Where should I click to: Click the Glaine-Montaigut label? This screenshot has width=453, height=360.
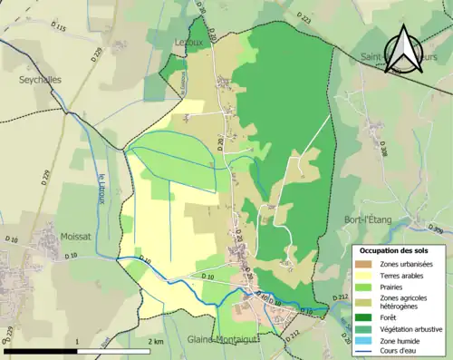coord(223,338)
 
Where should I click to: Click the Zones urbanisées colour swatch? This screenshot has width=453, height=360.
coord(366,263)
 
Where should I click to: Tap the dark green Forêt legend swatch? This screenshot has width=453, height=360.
coord(366,317)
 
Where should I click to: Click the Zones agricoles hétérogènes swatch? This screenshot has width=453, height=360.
coord(366,301)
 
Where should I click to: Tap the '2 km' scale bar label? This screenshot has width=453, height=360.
coord(155,342)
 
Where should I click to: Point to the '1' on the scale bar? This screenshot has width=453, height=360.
coord(78,342)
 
